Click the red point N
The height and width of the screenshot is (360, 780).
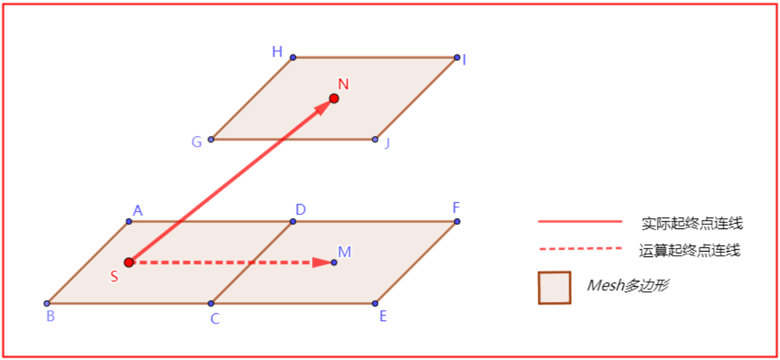click(334, 98)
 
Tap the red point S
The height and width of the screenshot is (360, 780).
click(129, 263)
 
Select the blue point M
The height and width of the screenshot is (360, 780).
click(334, 263)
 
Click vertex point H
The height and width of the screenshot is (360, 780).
click(293, 57)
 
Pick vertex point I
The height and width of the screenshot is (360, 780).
click(457, 57)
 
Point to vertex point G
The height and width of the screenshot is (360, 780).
click(211, 139)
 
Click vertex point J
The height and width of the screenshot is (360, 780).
click(375, 139)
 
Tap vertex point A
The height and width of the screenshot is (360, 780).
click(129, 221)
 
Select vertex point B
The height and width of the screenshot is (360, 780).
click(47, 303)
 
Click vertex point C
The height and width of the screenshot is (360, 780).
click(211, 303)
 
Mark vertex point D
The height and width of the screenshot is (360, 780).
click(293, 221)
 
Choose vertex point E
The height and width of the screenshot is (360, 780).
click(375, 303)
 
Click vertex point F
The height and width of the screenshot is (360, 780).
click(457, 221)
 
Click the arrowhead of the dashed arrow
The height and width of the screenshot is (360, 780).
click(321, 263)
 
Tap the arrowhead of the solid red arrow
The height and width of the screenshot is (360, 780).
click(323, 107)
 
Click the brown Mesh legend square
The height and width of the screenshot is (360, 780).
click(554, 288)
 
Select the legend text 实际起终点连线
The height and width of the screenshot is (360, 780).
click(692, 223)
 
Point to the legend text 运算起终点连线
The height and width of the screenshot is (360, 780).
click(689, 250)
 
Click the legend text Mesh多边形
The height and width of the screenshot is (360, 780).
click(627, 285)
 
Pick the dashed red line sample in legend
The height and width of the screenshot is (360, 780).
click(580, 249)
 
